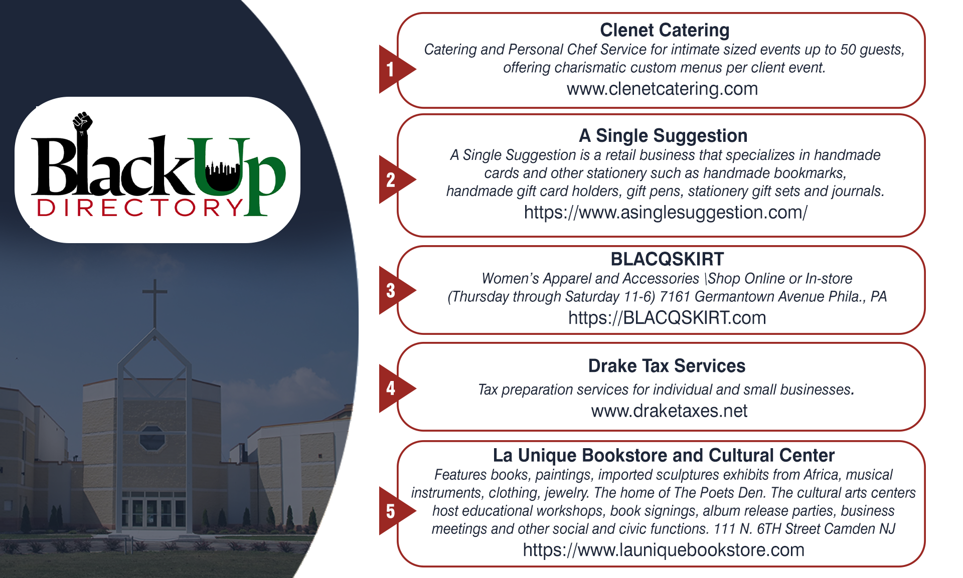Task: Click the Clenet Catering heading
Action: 665,30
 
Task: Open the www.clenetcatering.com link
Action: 662,89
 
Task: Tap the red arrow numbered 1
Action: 396,69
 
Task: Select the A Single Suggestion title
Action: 663,136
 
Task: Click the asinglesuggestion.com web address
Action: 666,213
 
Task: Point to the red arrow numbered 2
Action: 396,179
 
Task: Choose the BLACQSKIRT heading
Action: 667,259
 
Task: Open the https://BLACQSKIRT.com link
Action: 667,318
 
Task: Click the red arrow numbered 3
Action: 396,290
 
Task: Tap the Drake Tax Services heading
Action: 667,366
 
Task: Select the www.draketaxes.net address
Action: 669,411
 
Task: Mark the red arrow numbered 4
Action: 396,389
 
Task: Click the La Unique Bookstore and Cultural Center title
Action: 664,455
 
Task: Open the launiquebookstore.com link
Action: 664,550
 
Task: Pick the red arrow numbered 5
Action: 396,511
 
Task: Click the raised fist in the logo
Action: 83,123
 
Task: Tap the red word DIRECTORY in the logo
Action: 140,208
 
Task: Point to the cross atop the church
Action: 154,303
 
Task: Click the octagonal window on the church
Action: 152,438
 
